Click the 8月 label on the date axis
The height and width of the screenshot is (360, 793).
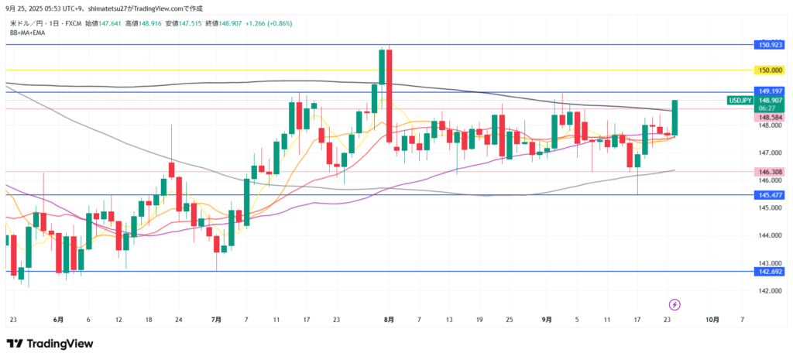[389, 319]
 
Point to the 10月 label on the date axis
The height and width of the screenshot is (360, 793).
[712, 319]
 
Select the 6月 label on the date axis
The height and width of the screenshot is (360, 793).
[59, 319]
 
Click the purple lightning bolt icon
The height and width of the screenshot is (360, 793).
[675, 304]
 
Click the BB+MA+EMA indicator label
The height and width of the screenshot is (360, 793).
[29, 33]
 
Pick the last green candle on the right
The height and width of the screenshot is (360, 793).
[675, 118]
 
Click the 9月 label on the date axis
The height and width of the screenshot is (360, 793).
[547, 319]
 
